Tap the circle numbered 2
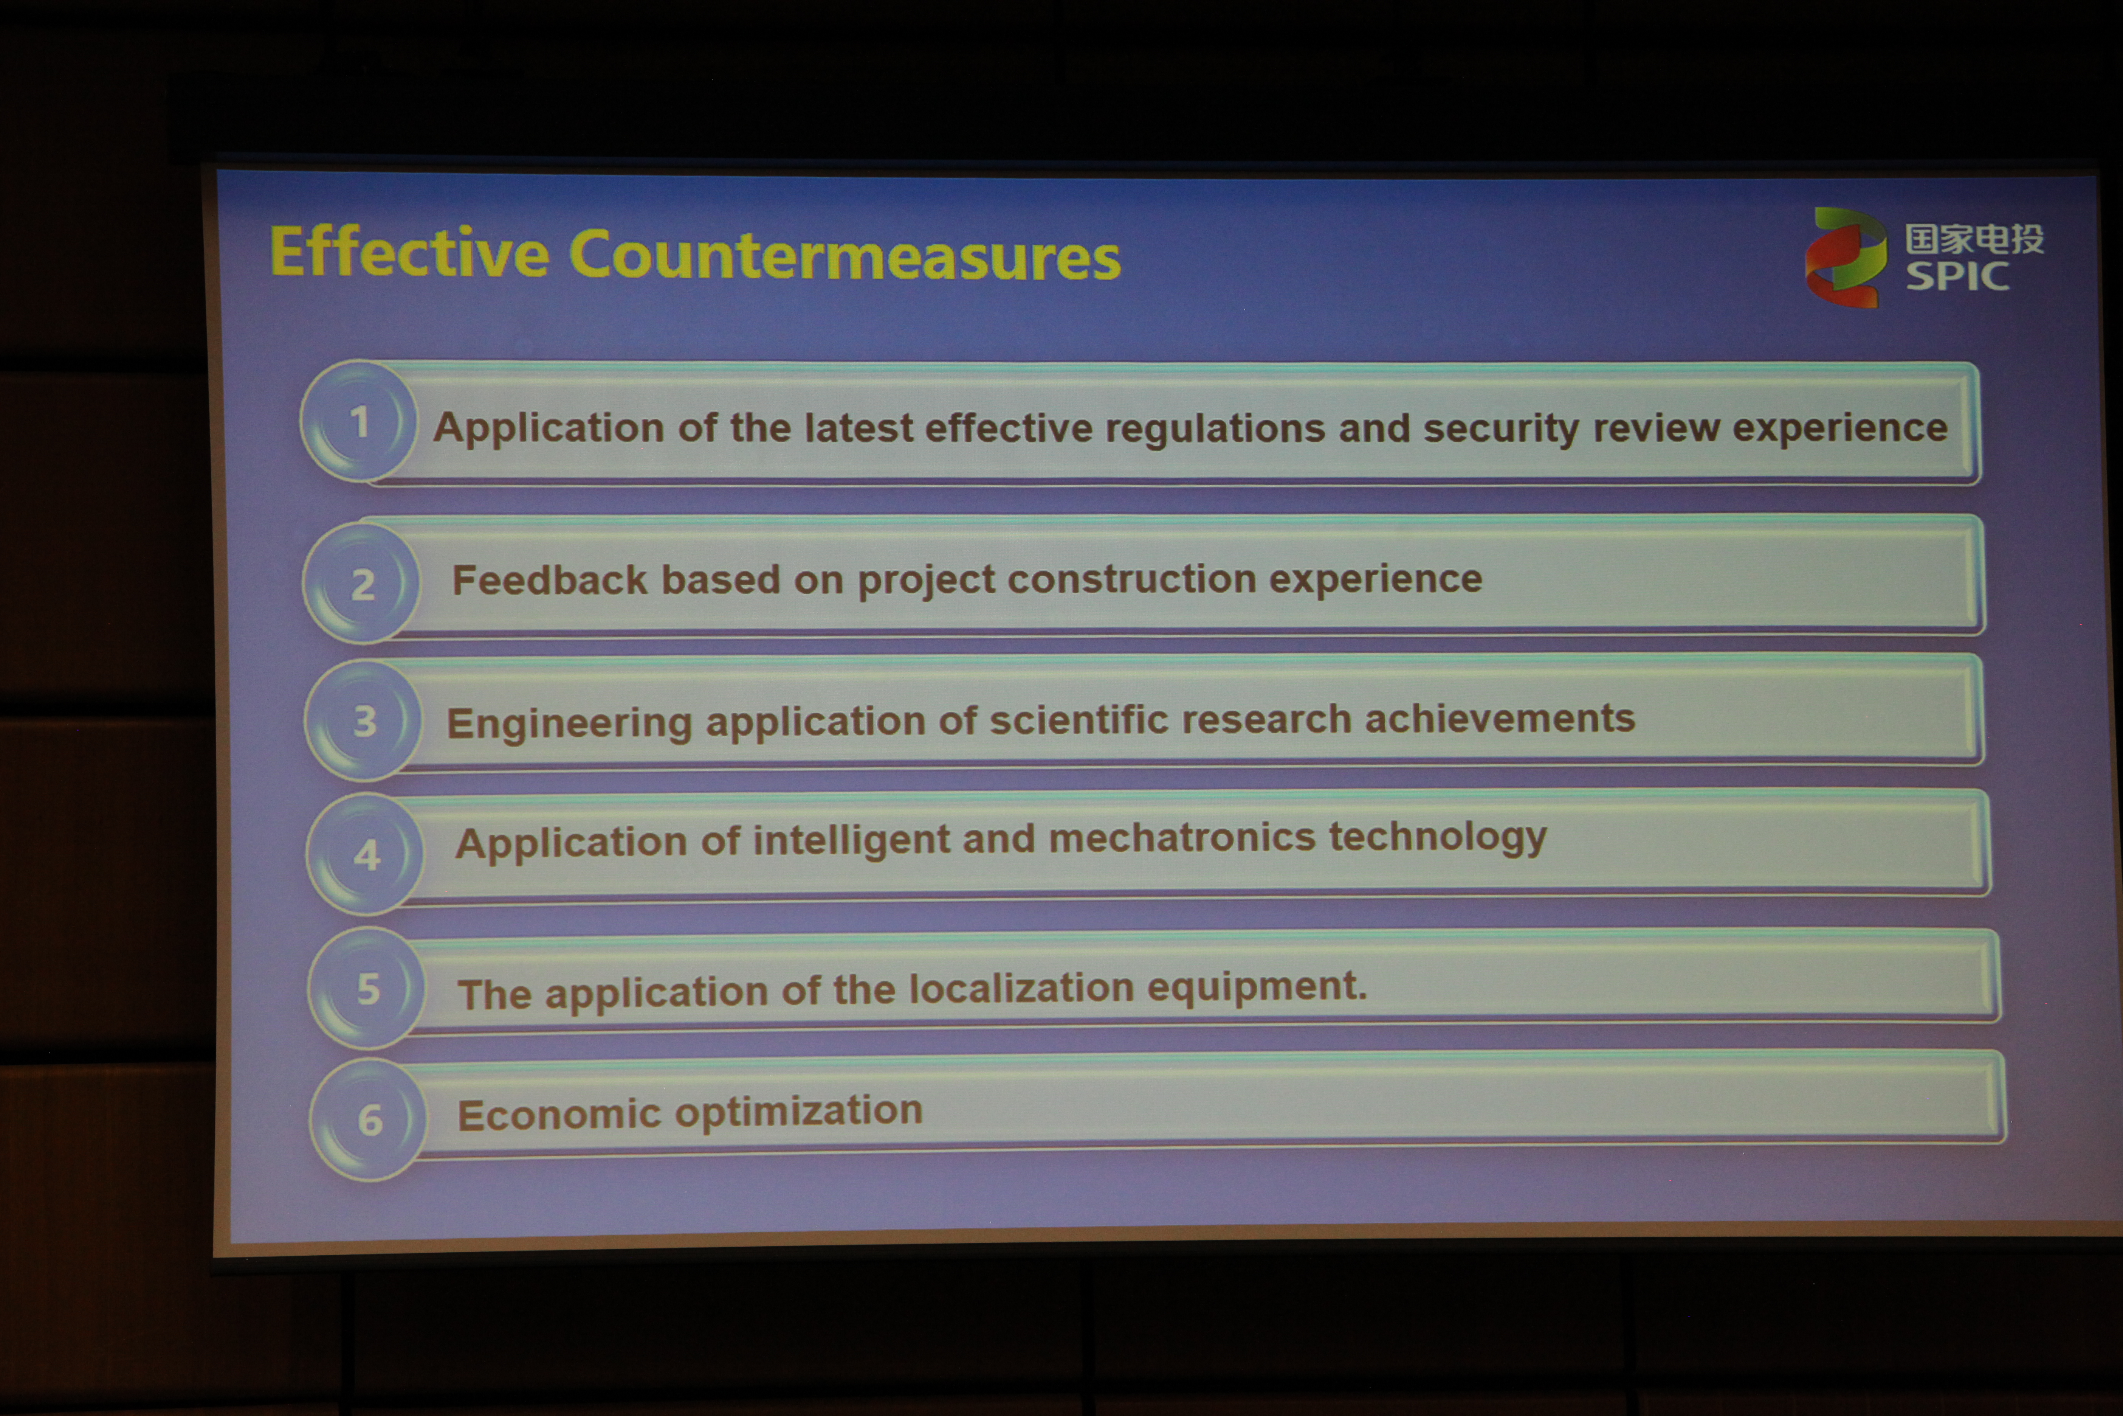pyautogui.click(x=362, y=583)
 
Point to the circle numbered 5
pyautogui.click(x=367, y=988)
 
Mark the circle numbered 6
pyautogui.click(x=369, y=1120)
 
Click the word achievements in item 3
pyautogui.click(x=1499, y=719)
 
